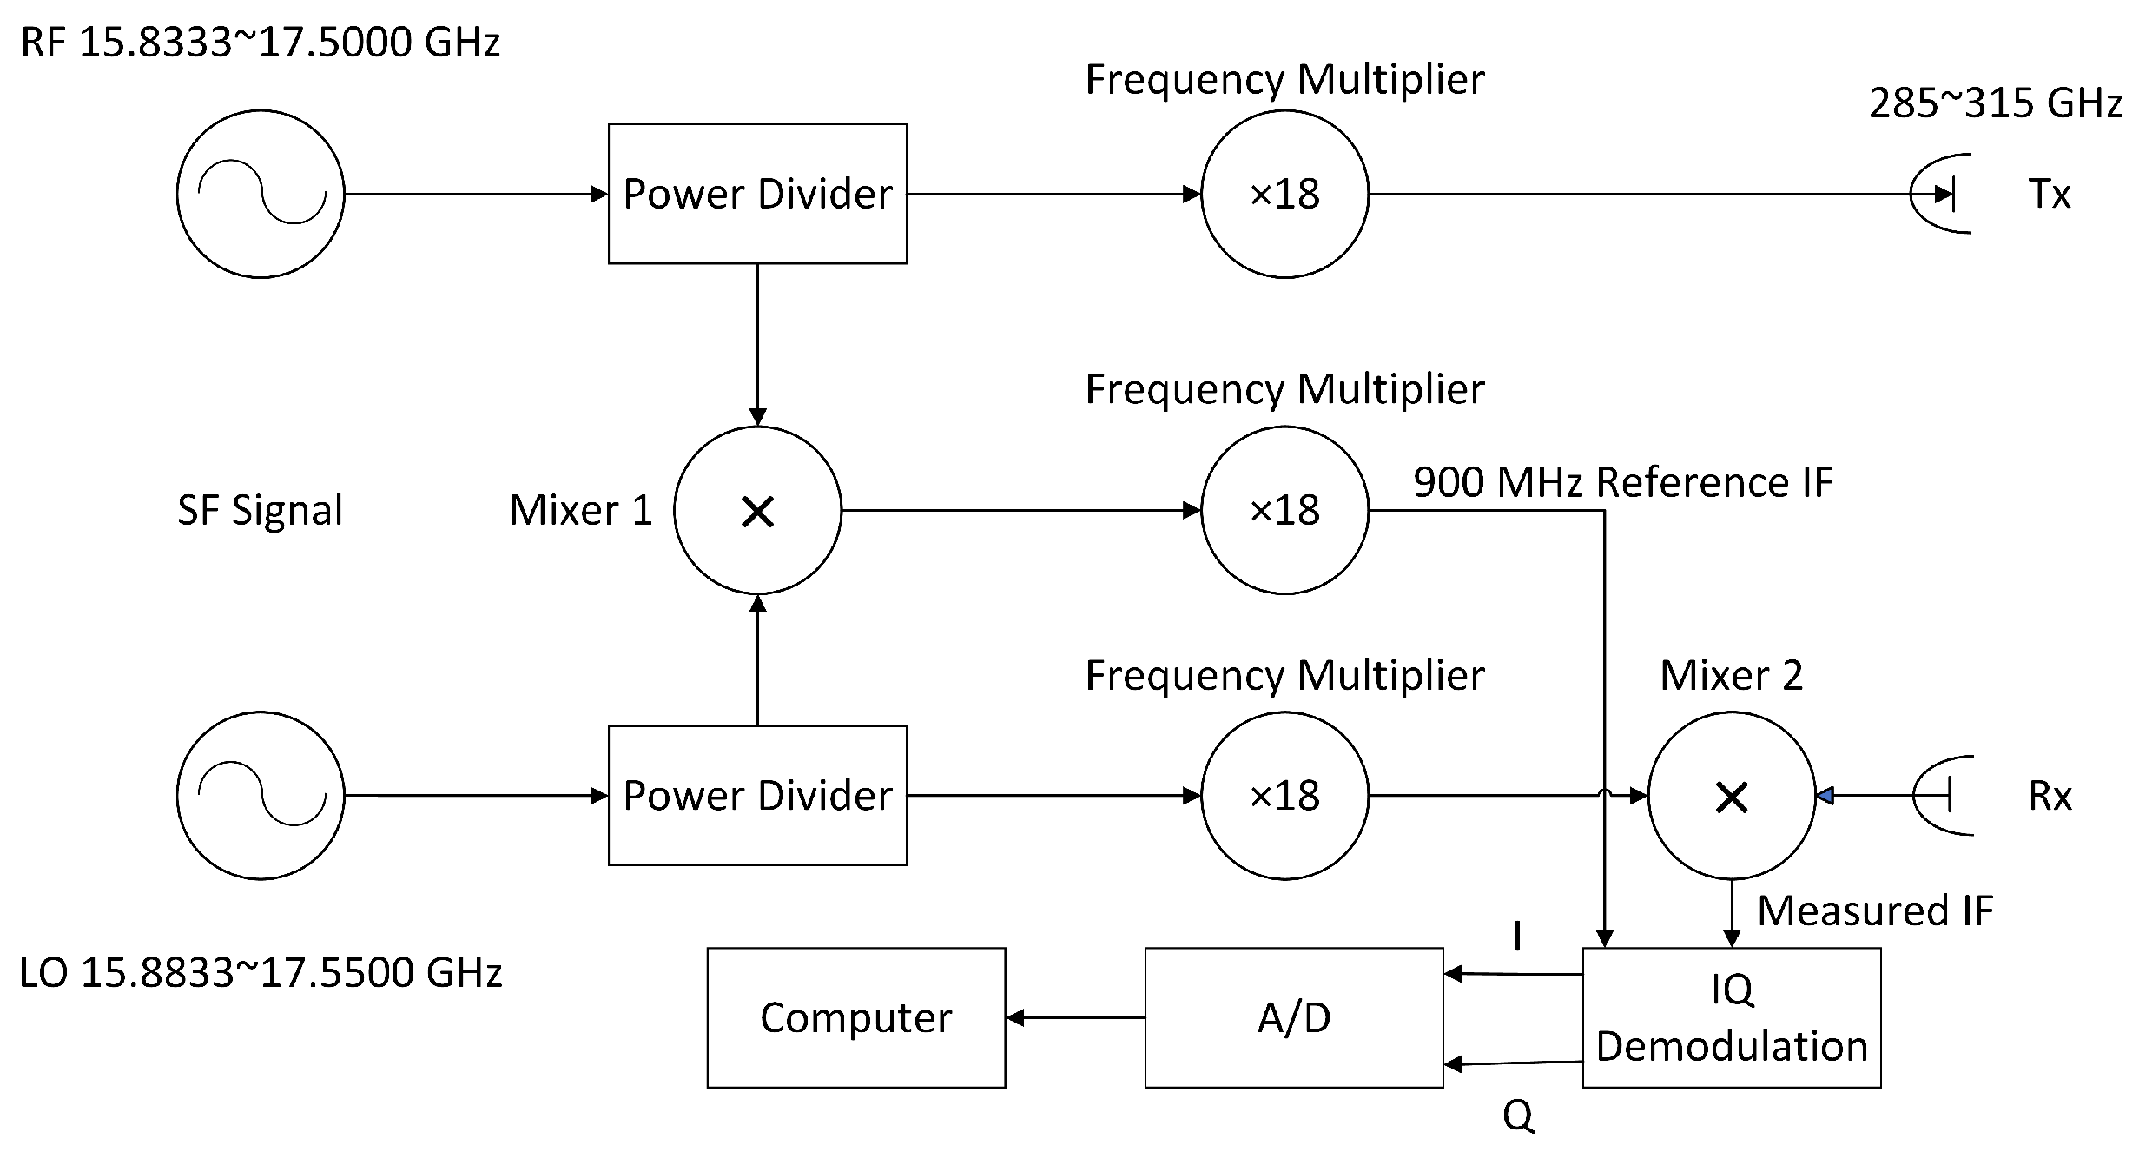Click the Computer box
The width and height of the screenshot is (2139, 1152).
coord(855,1017)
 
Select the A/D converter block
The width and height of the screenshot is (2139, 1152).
coord(1293,1017)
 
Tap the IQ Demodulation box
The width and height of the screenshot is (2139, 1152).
coord(1731,1017)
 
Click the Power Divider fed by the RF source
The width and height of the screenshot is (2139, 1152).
coord(757,194)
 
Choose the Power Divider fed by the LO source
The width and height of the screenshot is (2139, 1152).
coord(757,795)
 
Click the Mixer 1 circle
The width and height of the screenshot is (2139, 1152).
coord(757,511)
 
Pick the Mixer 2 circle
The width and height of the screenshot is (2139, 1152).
coord(1731,795)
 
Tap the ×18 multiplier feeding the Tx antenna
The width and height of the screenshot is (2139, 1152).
coord(1284,194)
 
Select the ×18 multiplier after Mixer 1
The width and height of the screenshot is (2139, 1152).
coord(1284,511)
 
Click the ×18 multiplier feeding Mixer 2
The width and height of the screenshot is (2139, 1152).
coord(1284,795)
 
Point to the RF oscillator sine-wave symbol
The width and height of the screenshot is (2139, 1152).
coord(261,194)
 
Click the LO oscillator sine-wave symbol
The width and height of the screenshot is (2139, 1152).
coord(261,795)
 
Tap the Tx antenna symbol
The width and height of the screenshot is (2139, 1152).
coord(1942,194)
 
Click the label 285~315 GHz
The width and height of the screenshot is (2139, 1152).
coord(1995,103)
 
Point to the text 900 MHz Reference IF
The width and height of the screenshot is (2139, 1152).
coord(1622,482)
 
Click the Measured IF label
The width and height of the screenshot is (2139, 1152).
coord(1874,911)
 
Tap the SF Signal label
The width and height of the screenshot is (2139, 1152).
coord(260,510)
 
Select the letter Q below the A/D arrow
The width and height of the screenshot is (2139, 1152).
coord(1517,1116)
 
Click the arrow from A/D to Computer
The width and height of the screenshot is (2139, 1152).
coord(1075,1017)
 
